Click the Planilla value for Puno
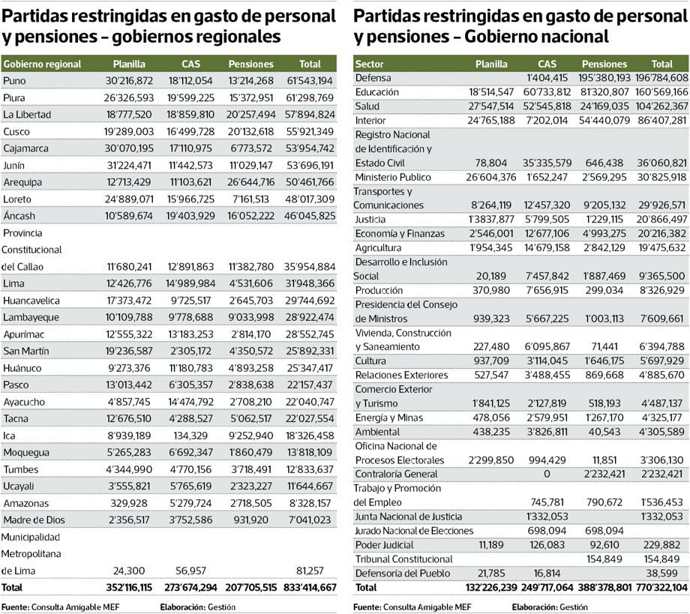click(129, 81)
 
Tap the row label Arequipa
click(22, 182)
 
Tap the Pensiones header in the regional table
click(250, 64)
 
